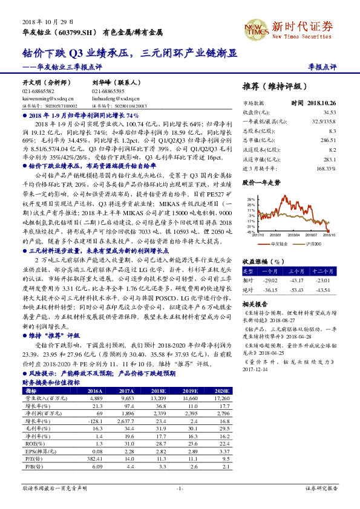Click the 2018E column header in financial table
click(157, 391)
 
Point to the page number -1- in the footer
click(180, 487)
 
